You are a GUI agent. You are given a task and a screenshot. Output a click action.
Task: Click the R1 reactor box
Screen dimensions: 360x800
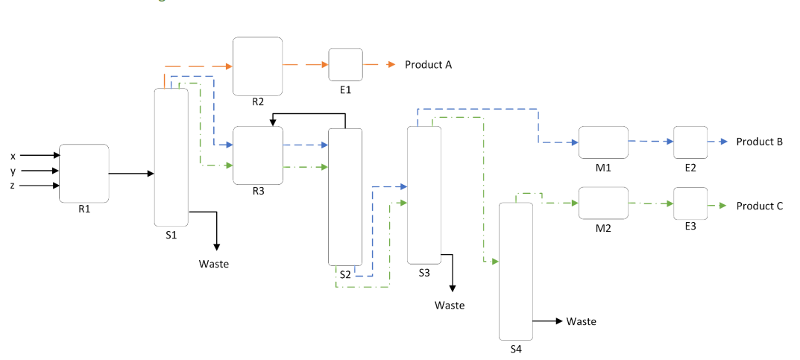84,173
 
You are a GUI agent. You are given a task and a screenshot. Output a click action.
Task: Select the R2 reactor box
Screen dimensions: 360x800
257,66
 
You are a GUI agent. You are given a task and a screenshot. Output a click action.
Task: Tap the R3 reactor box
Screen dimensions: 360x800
258,155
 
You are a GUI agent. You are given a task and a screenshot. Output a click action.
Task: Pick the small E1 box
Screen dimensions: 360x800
345,65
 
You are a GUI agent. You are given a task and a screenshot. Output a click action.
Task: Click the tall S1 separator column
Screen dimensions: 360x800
171,157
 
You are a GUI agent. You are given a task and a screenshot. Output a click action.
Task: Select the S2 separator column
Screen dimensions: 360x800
344,197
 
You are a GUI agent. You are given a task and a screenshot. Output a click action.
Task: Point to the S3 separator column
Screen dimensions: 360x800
423,195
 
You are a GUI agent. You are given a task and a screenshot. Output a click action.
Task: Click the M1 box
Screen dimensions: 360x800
603,142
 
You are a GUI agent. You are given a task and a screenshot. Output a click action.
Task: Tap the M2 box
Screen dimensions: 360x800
603,203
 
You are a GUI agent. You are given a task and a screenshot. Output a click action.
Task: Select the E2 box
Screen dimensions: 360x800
690,142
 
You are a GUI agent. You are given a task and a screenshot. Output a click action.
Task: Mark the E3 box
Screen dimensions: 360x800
690,203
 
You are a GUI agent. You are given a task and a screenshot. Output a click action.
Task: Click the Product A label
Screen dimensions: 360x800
428,65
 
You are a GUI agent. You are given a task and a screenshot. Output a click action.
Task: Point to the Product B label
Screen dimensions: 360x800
759,142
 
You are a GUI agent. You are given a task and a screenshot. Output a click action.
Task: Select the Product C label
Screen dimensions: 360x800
759,206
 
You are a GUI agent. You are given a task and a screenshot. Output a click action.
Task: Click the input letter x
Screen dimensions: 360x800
13,156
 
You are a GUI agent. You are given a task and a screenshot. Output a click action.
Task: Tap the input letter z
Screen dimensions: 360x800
13,186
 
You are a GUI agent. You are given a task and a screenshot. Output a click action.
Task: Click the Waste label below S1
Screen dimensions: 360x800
213,264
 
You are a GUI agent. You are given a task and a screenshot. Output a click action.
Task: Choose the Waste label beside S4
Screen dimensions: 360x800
581,321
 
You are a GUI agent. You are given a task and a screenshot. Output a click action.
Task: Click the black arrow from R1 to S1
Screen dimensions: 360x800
131,174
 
